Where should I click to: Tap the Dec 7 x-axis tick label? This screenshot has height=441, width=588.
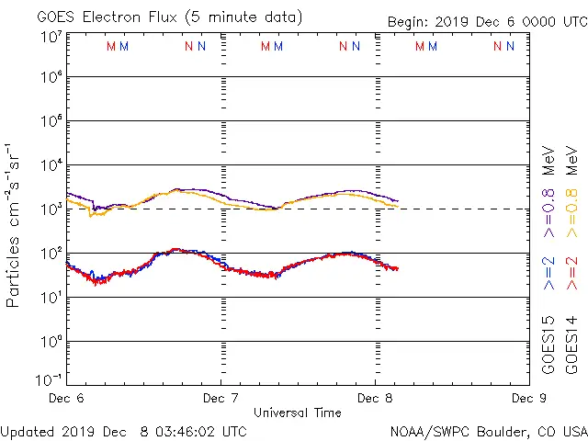[220, 398]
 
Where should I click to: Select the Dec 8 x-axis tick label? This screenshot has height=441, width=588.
[375, 398]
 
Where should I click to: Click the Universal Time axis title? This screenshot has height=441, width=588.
[297, 413]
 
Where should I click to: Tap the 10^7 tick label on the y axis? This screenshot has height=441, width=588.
[51, 38]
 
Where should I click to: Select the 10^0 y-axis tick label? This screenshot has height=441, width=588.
[51, 342]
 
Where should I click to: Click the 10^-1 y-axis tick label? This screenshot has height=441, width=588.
[49, 379]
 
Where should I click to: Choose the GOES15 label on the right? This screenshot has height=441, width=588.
[548, 344]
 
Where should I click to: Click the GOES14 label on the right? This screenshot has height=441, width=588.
[571, 344]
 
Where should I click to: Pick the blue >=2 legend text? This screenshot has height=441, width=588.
[548, 275]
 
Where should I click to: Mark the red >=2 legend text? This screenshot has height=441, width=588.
[571, 275]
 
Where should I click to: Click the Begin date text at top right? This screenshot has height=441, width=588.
[486, 21]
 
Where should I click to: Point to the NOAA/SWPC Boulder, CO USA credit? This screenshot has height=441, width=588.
[487, 431]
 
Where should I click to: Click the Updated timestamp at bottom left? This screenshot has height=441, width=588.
[124, 431]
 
